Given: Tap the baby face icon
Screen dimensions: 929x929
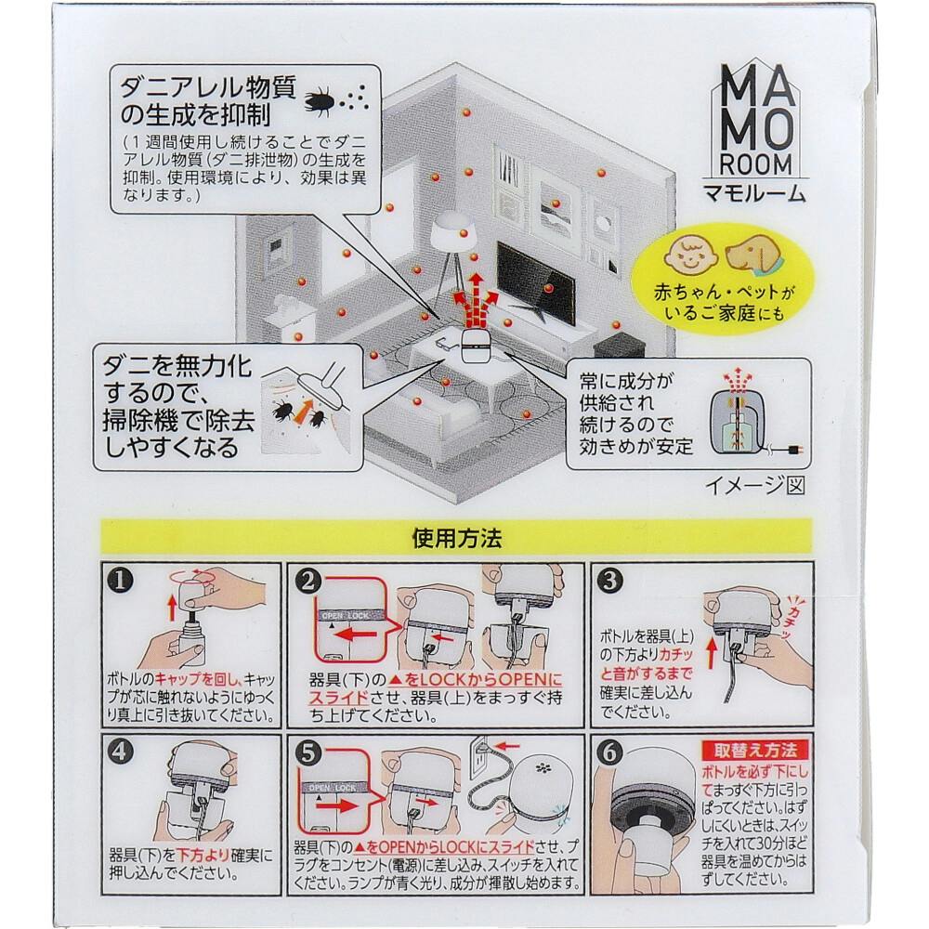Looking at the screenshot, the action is pos(689,256).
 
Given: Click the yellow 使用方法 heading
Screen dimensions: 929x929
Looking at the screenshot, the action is pos(457,537).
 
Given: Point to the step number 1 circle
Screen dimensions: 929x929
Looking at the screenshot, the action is pos(120,581).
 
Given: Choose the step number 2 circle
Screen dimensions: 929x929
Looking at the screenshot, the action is pos(307,581).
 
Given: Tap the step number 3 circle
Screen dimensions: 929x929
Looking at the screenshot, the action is pos(610,581).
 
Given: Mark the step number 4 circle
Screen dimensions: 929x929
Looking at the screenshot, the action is pos(120,752).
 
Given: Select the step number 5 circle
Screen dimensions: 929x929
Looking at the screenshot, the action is pos(307,752).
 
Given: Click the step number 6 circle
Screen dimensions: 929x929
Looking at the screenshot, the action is pos(610,752).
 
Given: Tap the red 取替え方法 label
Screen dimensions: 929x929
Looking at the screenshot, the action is pos(754,751).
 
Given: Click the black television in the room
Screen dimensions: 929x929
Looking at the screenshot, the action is pos(535,285).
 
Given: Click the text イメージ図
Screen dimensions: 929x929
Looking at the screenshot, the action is pos(754,486).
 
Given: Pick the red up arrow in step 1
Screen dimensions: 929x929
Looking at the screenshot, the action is pos(173,608).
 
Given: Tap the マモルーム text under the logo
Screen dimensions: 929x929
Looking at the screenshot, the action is pos(754,193).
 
